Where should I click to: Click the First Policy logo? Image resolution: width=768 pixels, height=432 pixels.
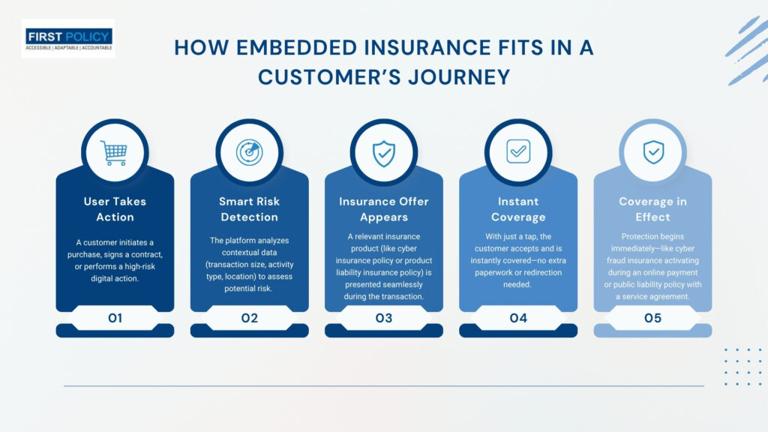(x=68, y=39)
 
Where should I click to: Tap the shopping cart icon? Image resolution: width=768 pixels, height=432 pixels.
(x=114, y=153)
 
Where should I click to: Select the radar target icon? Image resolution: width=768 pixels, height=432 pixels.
(x=249, y=152)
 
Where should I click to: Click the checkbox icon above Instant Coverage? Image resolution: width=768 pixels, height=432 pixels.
(x=518, y=151)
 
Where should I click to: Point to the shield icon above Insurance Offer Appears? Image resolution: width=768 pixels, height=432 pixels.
(x=384, y=153)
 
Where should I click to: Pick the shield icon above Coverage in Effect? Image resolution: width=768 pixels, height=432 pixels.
(x=653, y=151)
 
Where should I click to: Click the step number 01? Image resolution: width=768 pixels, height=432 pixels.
(x=115, y=318)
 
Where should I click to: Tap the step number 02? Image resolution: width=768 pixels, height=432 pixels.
(x=249, y=318)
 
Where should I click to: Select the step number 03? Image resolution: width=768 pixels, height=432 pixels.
(x=384, y=318)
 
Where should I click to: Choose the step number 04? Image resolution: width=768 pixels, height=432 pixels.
(x=518, y=318)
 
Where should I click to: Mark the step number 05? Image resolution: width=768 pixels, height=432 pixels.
(x=653, y=318)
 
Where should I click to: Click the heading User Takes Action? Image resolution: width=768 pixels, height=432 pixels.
(x=115, y=209)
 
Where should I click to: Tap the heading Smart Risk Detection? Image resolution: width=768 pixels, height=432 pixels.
(x=249, y=209)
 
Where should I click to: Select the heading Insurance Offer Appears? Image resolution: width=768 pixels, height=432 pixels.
(x=384, y=209)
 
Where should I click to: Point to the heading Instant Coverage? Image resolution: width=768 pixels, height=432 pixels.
(x=518, y=209)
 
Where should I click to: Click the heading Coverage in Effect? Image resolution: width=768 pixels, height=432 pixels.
(x=653, y=209)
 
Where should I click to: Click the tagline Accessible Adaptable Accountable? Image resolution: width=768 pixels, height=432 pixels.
(x=68, y=48)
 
